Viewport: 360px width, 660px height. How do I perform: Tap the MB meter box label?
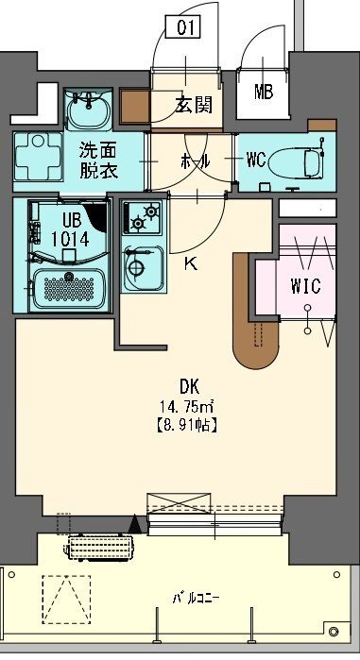(264, 92)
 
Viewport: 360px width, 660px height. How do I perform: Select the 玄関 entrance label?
(194, 104)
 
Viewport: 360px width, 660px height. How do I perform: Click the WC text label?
(256, 160)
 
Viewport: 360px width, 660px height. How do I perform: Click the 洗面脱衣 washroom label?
(98, 160)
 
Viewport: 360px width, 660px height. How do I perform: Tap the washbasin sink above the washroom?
(89, 110)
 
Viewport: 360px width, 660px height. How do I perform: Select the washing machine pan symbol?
(38, 157)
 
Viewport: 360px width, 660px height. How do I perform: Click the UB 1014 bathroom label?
(70, 229)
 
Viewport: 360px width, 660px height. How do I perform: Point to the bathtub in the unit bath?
(69, 289)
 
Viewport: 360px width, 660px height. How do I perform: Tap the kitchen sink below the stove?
(144, 267)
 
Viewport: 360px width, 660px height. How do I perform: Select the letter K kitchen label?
(190, 264)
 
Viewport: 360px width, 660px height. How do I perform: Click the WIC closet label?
(306, 286)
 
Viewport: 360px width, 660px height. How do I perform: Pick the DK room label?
(189, 385)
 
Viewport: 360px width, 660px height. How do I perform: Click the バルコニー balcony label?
(196, 598)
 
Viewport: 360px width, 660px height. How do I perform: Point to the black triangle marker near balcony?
(135, 523)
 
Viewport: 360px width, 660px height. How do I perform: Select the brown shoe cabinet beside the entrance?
(135, 106)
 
